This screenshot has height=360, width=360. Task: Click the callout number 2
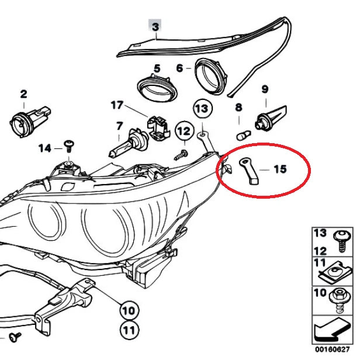point(23,94)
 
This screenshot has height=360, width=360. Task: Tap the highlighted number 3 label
point(155,26)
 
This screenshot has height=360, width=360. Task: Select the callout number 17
point(117,105)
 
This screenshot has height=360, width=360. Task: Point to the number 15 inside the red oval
point(280,169)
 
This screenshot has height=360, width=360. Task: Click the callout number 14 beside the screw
point(46,148)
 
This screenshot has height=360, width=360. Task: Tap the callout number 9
point(265,89)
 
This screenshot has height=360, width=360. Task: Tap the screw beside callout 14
point(68,144)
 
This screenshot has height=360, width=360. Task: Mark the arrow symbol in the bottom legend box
point(332,331)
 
